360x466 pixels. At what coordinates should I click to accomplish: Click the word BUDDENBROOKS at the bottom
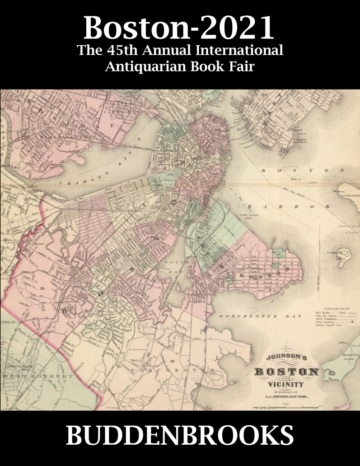coord(180,438)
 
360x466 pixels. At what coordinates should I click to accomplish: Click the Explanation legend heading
coord(336,306)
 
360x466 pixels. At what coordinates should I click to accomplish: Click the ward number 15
coord(42,288)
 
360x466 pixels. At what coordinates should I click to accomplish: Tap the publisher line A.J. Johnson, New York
coord(285,395)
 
